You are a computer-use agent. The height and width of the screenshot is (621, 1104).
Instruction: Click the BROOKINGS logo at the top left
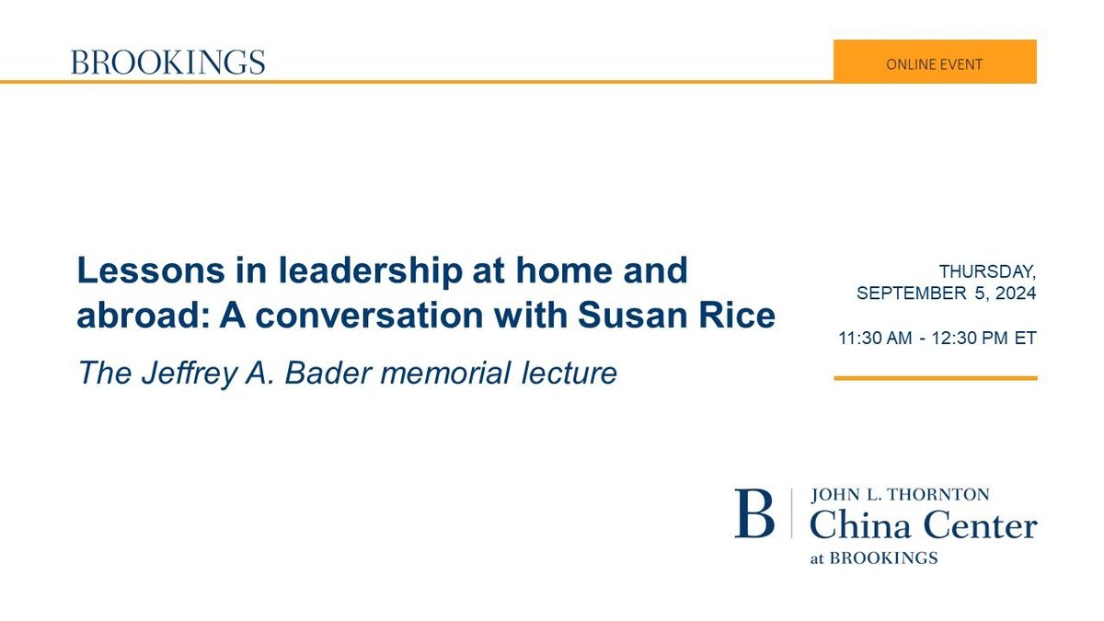click(x=168, y=63)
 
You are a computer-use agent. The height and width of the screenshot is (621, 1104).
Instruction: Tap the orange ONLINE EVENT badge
click(x=935, y=62)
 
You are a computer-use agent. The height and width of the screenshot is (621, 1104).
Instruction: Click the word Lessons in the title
click(x=151, y=270)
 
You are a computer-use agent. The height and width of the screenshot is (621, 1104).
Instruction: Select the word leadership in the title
click(x=371, y=271)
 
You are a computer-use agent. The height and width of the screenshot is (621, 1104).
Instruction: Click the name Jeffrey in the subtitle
click(x=190, y=374)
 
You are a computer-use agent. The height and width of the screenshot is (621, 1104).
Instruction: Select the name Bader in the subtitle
click(x=328, y=374)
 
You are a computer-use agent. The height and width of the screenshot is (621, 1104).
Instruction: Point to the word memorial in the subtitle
click(x=445, y=374)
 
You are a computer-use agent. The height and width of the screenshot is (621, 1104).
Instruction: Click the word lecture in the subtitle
click(x=569, y=374)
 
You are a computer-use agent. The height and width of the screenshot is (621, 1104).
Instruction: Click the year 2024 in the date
click(x=1016, y=293)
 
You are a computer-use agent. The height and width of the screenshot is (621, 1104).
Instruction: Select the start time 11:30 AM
click(x=875, y=339)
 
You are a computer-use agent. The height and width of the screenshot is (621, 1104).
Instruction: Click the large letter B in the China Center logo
click(x=754, y=513)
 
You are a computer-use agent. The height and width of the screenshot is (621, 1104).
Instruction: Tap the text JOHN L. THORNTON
click(x=900, y=494)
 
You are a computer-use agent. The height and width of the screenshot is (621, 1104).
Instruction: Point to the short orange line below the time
click(x=936, y=378)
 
